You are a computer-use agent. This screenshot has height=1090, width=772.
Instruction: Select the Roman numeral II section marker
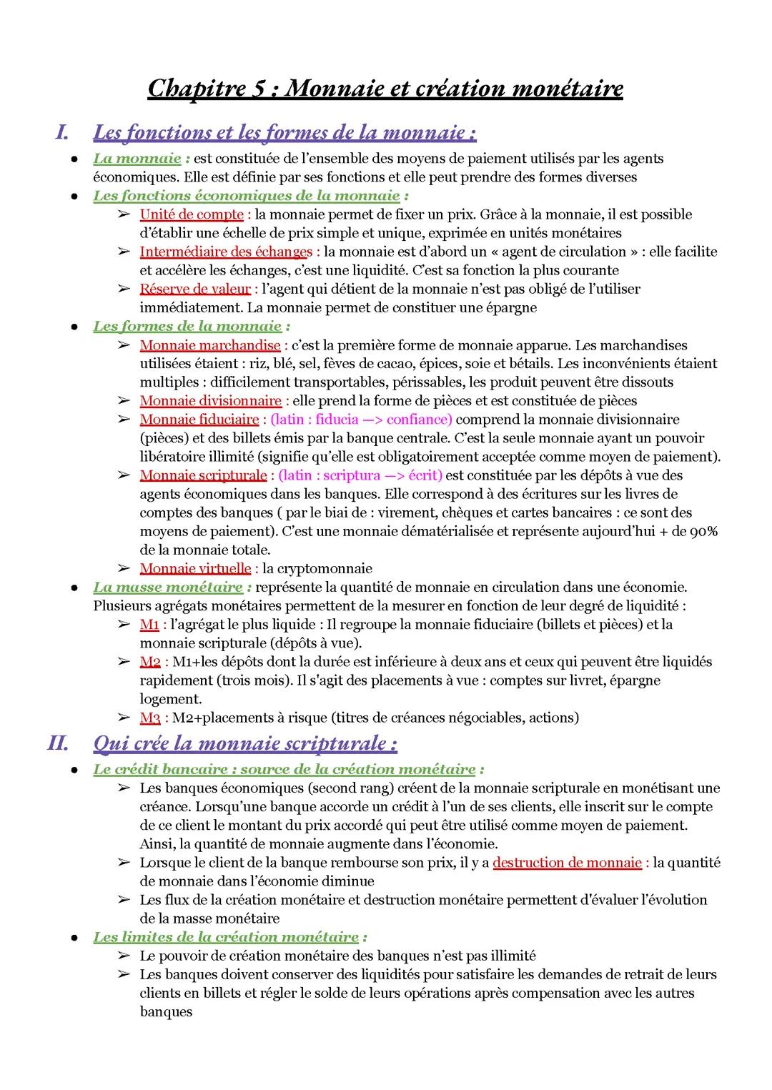(x=56, y=743)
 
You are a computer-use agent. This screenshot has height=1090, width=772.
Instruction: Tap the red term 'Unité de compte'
(x=191, y=214)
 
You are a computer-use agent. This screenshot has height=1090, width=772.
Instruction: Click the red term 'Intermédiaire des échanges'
(x=226, y=252)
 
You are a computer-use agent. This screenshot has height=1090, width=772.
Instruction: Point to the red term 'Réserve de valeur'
(x=194, y=289)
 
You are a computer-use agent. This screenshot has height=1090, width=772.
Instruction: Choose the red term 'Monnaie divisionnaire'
(x=210, y=401)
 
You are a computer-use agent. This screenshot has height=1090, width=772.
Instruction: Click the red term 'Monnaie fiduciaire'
(x=199, y=420)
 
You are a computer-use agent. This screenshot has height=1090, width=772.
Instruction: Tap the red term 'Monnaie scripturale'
(x=202, y=475)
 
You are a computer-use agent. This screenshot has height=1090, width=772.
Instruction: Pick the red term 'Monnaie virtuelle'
(x=194, y=568)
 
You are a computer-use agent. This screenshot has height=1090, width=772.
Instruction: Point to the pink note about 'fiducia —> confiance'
(x=361, y=420)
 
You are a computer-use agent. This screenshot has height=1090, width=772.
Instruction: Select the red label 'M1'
(x=149, y=625)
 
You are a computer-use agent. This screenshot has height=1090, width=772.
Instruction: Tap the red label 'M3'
(x=149, y=718)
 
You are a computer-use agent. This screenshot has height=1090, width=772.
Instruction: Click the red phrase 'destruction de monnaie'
(x=567, y=863)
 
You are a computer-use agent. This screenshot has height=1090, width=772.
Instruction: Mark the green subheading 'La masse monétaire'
(x=168, y=588)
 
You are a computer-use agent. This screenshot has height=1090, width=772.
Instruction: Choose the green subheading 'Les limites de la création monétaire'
(x=226, y=936)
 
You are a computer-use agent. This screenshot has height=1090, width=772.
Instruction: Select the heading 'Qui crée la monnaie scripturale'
(x=244, y=743)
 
